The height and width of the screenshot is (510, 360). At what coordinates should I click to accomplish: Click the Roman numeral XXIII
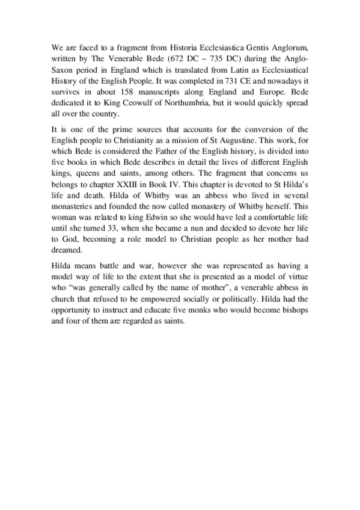pyautogui.click(x=146, y=183)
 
